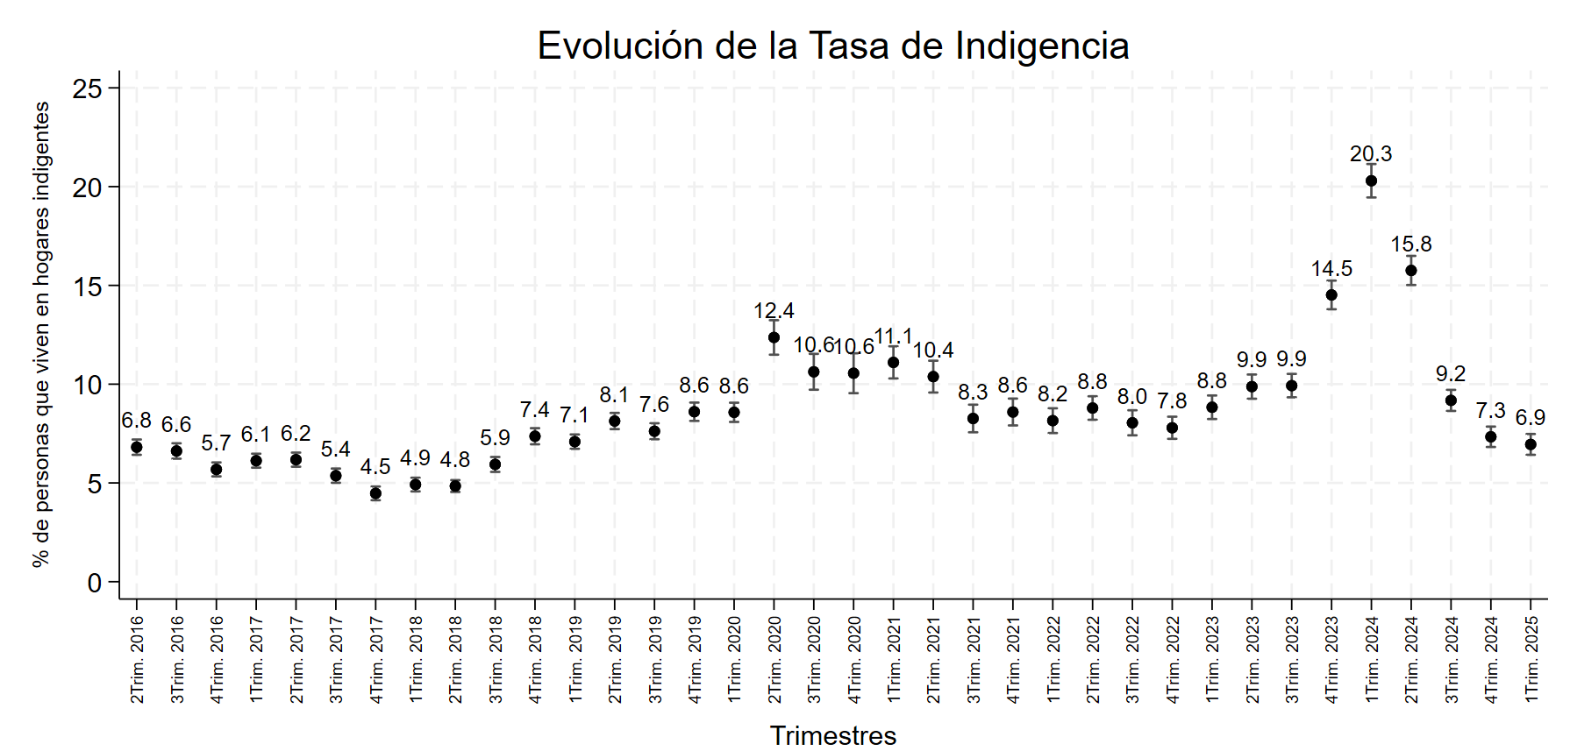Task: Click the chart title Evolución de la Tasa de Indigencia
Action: [x=832, y=46]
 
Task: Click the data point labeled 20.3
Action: [x=1371, y=181]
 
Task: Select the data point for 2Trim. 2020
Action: [x=774, y=337]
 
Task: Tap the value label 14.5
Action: [x=1331, y=269]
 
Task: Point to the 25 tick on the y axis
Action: [x=88, y=89]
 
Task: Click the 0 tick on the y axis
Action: [x=95, y=583]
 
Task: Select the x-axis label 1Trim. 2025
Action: [x=1531, y=658]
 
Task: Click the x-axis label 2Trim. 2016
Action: [x=138, y=658]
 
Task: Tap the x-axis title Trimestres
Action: [x=832, y=735]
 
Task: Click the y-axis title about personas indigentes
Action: [x=41, y=334]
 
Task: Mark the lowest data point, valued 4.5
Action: [x=375, y=493]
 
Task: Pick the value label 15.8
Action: [x=1410, y=244]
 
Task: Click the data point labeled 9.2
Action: [x=1451, y=400]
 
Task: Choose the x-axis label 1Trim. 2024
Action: [x=1372, y=658]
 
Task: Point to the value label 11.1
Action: [x=893, y=337]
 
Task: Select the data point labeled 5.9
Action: [x=495, y=464]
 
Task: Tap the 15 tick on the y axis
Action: [x=88, y=287]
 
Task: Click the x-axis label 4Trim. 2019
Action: [x=695, y=658]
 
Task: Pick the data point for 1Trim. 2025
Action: [x=1531, y=444]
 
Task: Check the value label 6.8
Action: [x=136, y=421]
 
